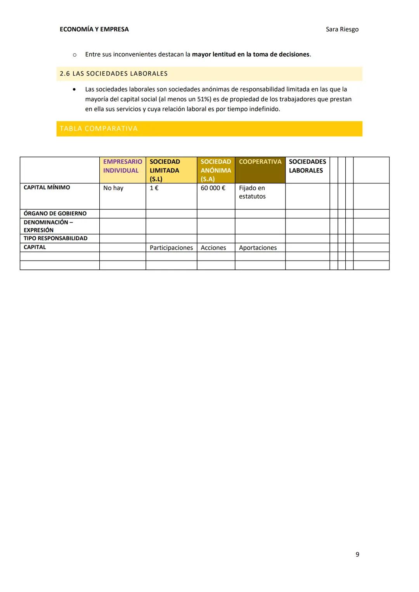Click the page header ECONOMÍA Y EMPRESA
tap(94, 29)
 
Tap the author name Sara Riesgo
tap(342, 29)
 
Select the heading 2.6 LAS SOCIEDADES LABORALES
tap(114, 74)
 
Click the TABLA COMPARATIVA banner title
tap(99, 129)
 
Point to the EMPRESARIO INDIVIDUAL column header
tap(122, 166)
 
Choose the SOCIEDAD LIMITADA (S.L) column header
tap(164, 170)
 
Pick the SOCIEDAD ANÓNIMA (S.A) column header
tap(216, 170)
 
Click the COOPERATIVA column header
tap(260, 162)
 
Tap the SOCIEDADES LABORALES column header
tap(307, 166)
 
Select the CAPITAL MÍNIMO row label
tap(47, 188)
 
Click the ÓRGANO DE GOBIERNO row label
tap(55, 214)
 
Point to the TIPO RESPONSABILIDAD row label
tap(55, 238)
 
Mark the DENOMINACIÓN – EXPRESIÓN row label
tap(48, 226)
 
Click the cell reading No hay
tap(113, 188)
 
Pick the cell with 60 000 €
tap(213, 188)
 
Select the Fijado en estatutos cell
tap(252, 192)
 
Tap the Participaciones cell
tap(171, 248)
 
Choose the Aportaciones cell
tap(258, 248)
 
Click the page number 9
tap(357, 554)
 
